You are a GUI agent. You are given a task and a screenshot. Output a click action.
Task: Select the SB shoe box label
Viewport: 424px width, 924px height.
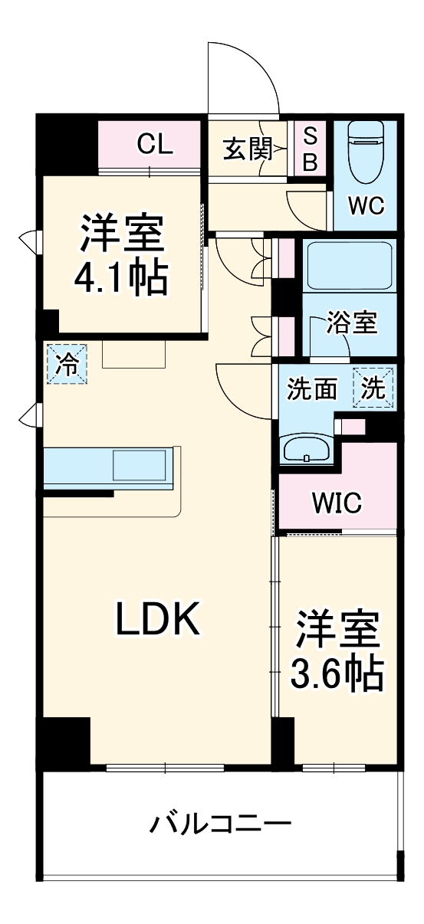point(310,149)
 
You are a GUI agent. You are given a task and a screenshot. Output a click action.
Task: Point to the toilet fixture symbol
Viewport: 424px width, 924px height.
point(365,154)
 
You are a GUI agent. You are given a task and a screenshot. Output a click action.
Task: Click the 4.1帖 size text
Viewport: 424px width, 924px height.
point(120,280)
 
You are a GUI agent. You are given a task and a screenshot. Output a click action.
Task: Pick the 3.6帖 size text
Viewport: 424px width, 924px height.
point(337,673)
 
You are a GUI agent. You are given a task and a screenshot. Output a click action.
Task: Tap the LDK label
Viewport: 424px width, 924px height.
point(158,620)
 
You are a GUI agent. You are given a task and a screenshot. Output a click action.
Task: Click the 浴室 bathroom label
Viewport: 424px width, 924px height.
point(351,323)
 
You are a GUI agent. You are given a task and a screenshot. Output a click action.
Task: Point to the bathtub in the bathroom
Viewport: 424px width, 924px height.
point(349,265)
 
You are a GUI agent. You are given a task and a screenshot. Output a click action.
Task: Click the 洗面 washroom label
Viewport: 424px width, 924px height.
point(312,389)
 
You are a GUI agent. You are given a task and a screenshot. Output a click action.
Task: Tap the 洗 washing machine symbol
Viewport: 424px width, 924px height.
point(373,388)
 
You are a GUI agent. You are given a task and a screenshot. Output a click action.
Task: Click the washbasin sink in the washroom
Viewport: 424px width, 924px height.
point(307,449)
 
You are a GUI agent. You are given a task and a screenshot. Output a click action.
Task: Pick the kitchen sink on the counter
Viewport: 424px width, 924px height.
point(140,465)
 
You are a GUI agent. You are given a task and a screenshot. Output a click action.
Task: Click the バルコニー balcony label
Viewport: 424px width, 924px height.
point(221,825)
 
